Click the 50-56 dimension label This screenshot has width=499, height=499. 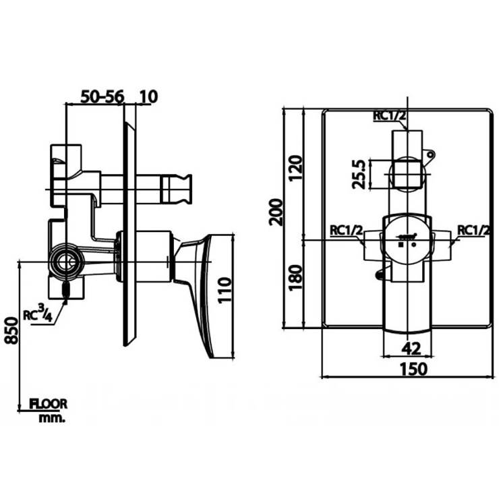[x=102, y=96]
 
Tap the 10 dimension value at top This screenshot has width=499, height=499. [x=148, y=96]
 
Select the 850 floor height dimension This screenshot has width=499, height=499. [x=11, y=330]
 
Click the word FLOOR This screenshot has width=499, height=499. [x=49, y=404]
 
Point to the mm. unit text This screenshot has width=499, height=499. [x=52, y=418]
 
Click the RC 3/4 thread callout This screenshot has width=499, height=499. [x=38, y=314]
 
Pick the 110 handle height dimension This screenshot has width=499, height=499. [x=225, y=290]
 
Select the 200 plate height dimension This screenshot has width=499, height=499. [x=276, y=212]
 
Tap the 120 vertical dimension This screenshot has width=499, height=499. [x=295, y=168]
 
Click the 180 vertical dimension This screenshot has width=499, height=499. [x=295, y=278]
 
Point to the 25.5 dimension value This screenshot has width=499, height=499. [x=359, y=175]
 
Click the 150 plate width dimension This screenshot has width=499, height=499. [x=414, y=369]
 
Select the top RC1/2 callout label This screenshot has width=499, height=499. [x=390, y=116]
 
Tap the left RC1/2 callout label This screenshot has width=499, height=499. [x=346, y=230]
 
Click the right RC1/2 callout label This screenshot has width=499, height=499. [x=473, y=230]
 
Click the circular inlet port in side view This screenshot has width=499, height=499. [x=67, y=262]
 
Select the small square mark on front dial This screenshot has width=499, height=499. [x=401, y=244]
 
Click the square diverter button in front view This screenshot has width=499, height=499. [x=407, y=174]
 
